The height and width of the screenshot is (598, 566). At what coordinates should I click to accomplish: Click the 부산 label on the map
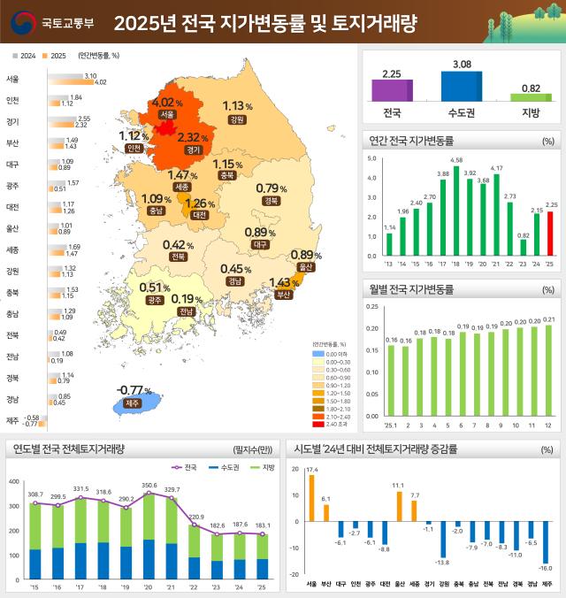(x=284, y=295)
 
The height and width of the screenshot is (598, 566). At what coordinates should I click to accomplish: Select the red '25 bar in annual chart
(x=549, y=234)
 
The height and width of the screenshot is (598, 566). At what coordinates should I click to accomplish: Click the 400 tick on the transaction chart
(x=13, y=481)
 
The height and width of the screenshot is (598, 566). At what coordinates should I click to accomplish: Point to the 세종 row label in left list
(x=12, y=249)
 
